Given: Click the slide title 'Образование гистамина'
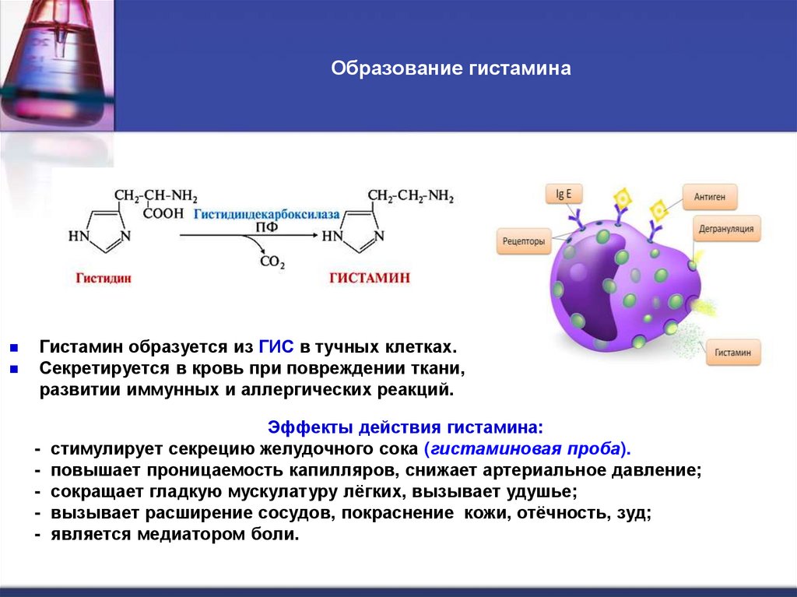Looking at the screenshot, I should point(451,69).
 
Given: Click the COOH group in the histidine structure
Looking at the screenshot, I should point(163,212).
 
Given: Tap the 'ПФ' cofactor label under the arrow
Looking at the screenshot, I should point(265,226).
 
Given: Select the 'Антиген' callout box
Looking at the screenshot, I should point(710,198).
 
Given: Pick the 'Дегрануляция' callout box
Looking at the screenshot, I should point(726,228).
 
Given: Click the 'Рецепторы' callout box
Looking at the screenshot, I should point(523,241).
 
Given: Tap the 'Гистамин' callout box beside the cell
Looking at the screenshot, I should point(733,353).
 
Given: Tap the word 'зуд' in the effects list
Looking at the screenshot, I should point(633,514).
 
